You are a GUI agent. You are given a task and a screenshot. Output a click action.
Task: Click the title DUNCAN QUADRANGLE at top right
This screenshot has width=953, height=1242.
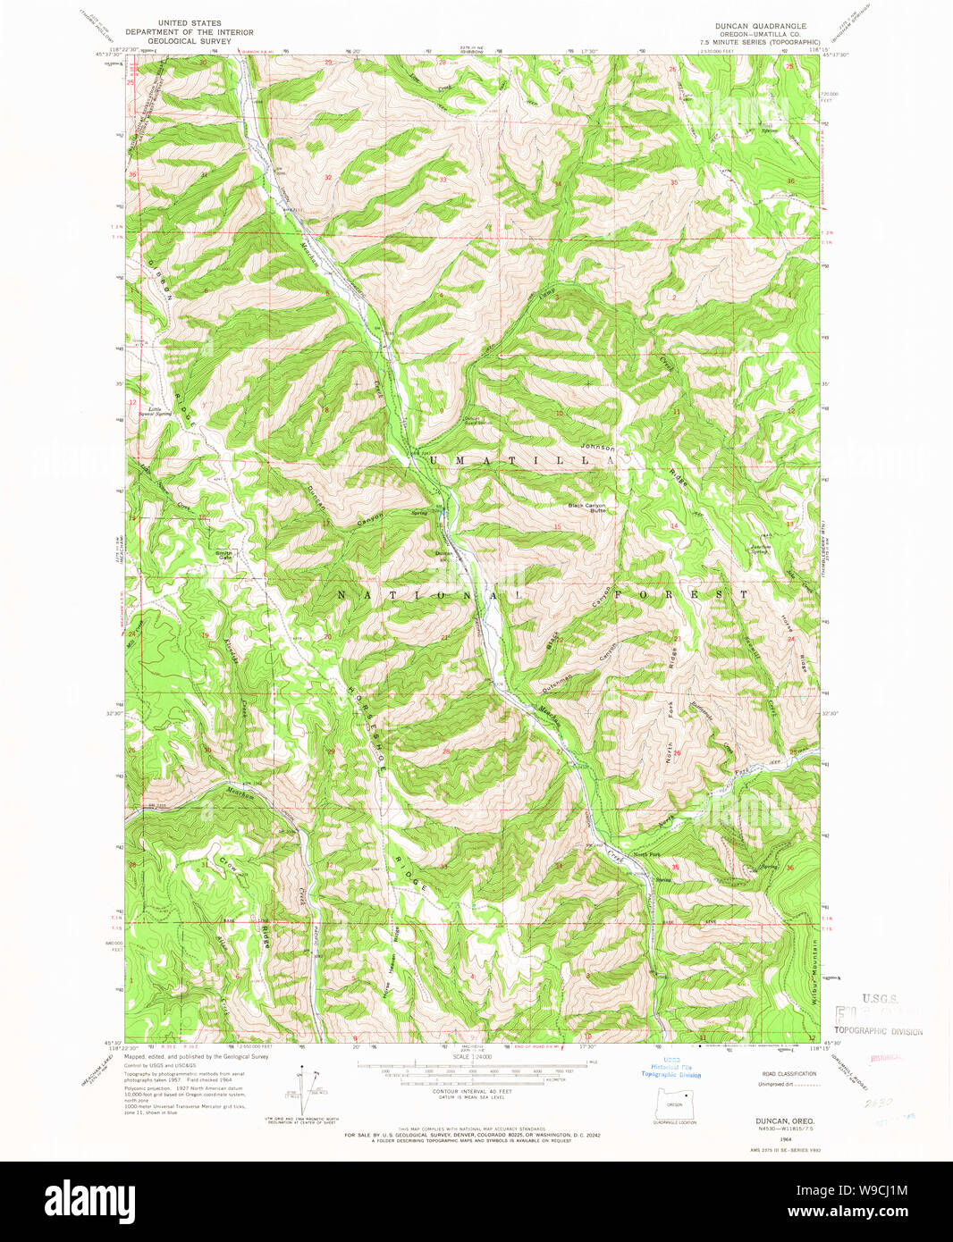click(760, 26)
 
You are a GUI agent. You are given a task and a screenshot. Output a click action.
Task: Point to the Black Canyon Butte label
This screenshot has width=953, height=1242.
click(587, 508)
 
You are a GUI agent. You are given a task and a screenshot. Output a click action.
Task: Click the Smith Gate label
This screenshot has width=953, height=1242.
click(223, 555)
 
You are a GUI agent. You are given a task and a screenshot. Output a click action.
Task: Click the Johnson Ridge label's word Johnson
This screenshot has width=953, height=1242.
click(598, 446)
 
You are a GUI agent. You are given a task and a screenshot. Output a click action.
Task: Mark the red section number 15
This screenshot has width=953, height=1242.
click(557, 527)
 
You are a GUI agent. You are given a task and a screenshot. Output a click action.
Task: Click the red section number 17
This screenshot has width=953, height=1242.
click(327, 524)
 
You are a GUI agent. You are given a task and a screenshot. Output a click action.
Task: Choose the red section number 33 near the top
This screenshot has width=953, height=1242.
click(443, 180)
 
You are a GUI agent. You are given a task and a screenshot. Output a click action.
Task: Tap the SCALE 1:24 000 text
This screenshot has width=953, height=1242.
click(472, 1057)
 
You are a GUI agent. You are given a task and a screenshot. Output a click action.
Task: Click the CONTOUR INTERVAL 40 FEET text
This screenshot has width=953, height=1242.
click(471, 1092)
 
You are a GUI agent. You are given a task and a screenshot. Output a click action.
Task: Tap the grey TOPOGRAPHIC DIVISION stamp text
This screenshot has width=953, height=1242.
click(878, 1030)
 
